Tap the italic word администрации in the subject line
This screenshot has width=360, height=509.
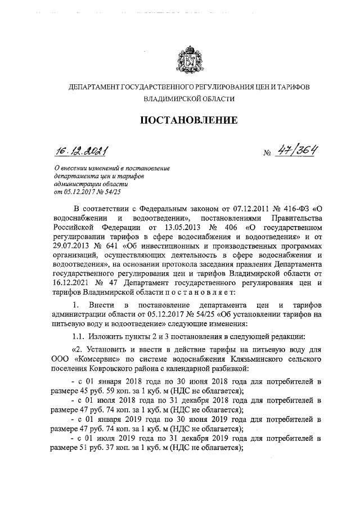(x=77, y=184)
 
